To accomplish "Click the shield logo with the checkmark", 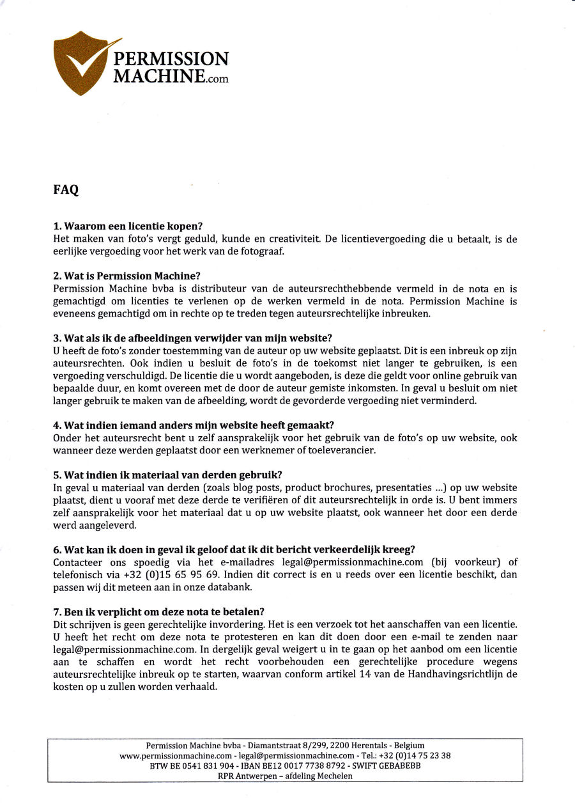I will tap(82, 63).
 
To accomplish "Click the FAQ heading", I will tap(66, 190).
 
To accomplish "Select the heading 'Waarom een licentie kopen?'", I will tap(128, 226).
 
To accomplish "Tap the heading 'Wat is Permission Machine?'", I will tap(126, 276).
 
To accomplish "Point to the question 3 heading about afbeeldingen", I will tap(192, 338).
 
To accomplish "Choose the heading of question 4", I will tap(194, 425).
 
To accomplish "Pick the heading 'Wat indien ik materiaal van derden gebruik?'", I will tap(167, 475).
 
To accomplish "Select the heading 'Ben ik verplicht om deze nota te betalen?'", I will tap(158, 611).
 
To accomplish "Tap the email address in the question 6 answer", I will tap(349, 562).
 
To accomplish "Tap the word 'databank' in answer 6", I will tap(231, 586).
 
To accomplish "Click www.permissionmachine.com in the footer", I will tap(175, 755).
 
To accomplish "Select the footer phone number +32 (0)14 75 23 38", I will tap(420, 755).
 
